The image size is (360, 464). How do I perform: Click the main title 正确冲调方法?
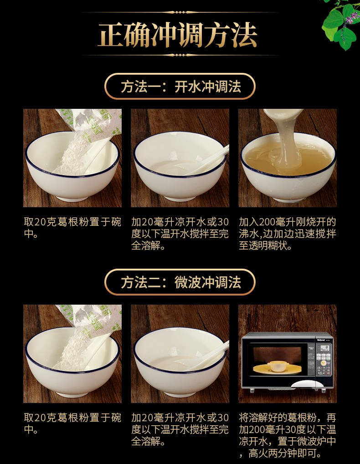click(178, 35)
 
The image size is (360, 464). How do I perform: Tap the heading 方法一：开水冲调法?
click(180, 87)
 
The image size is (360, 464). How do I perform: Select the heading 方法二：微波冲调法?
click(180, 282)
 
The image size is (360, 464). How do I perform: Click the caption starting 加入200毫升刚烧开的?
click(287, 234)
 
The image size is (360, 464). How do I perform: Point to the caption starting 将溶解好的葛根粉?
click(287, 435)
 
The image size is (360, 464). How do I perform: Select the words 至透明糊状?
click(265, 245)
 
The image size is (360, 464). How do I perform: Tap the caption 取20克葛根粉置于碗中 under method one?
click(72, 228)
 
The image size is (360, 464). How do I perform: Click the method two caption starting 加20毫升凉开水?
click(180, 429)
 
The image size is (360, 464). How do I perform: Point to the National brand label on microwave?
click(321, 340)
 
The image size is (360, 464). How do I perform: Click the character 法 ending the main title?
click(244, 35)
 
